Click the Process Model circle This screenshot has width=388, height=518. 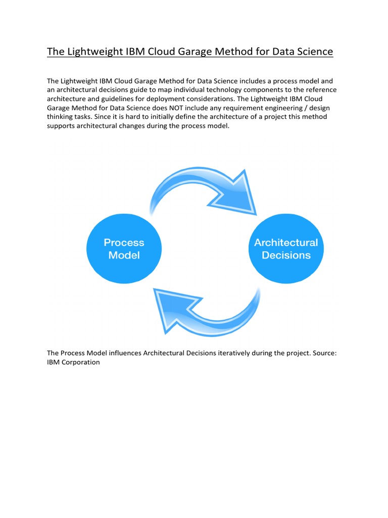tap(124, 249)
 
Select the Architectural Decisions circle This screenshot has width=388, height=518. tap(286, 249)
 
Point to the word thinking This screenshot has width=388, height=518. tap(62, 117)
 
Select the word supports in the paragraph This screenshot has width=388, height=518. tap(62, 126)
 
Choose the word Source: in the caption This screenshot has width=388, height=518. tap(324, 353)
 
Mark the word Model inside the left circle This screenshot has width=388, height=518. tap(124, 255)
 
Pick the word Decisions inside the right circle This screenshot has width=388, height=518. tap(286, 255)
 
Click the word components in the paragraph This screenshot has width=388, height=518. tap(267, 90)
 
